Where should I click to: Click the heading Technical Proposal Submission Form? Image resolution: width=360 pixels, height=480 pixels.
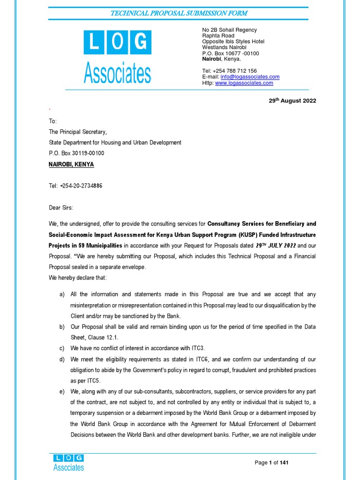(x=179, y=13)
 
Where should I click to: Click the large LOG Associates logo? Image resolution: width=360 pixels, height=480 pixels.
(x=117, y=56)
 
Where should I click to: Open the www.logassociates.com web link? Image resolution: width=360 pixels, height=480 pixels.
(x=244, y=83)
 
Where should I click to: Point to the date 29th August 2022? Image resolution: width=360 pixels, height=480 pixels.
(x=289, y=101)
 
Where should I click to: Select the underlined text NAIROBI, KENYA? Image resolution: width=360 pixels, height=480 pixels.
(x=71, y=165)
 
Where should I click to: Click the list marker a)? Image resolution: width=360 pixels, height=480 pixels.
(x=62, y=294)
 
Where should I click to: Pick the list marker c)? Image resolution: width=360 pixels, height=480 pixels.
(x=62, y=348)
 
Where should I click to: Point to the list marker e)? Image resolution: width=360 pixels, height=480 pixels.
(x=62, y=391)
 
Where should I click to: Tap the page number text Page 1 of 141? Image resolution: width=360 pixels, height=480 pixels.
(x=271, y=463)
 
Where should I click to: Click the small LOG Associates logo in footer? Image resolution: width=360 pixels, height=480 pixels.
(x=68, y=462)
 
